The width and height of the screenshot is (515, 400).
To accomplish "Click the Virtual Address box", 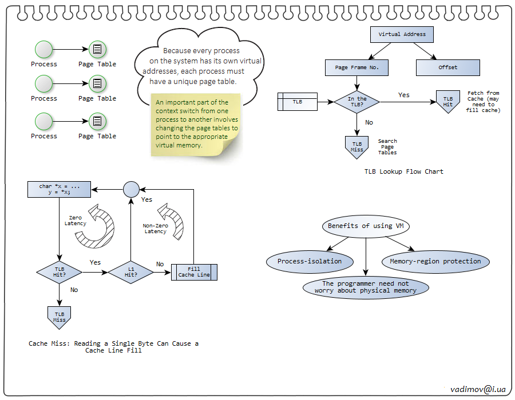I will (402, 34).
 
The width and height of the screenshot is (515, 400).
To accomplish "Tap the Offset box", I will (447, 67).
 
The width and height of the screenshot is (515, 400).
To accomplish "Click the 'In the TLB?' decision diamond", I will (357, 102).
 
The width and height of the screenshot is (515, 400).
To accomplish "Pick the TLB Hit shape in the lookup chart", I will (447, 101).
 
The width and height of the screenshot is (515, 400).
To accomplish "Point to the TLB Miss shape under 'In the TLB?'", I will (357, 147).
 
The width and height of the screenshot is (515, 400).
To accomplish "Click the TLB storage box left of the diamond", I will (298, 102).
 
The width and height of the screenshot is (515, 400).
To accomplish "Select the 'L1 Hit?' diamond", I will (131, 271).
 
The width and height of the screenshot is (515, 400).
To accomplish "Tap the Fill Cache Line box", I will (194, 271).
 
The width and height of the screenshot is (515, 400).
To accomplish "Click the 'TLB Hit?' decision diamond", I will (60, 271).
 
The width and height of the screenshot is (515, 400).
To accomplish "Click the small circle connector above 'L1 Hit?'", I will (131, 189).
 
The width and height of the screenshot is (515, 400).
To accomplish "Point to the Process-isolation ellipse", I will (309, 261).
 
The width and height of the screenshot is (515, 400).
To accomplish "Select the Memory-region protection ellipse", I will (435, 261).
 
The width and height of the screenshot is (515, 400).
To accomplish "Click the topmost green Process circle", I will (43, 50).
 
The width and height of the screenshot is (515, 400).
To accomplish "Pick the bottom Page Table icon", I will (97, 121).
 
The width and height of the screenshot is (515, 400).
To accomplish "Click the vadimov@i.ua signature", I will (478, 389).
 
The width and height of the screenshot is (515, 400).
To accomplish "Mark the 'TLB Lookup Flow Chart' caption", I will (403, 171).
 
